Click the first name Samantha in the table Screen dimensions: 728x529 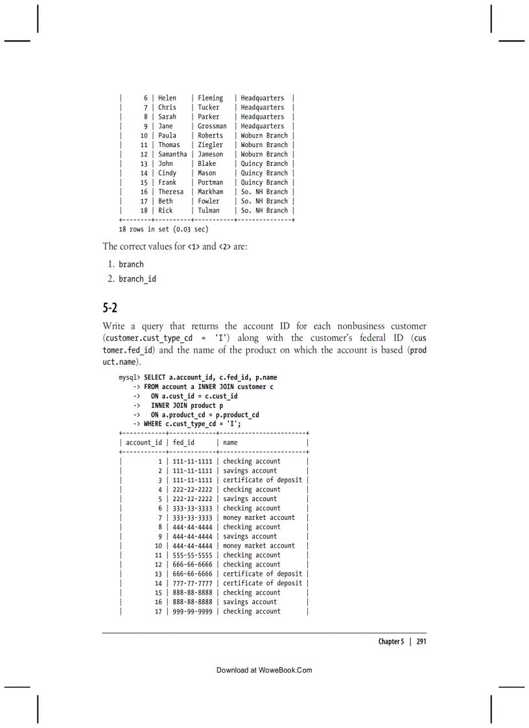(172, 154)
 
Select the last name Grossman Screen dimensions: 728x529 (212, 126)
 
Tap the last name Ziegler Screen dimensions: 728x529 (210, 145)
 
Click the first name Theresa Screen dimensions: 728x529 (170, 192)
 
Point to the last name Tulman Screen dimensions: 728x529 (209, 211)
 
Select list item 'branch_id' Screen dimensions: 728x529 (137, 279)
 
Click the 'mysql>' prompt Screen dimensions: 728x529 (130, 377)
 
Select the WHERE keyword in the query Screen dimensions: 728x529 (154, 424)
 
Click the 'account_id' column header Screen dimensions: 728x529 (144, 443)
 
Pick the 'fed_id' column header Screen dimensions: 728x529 (183, 443)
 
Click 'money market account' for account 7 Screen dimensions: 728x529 (259, 518)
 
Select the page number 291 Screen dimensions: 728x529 (421, 641)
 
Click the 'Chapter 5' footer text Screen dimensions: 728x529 (391, 641)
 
